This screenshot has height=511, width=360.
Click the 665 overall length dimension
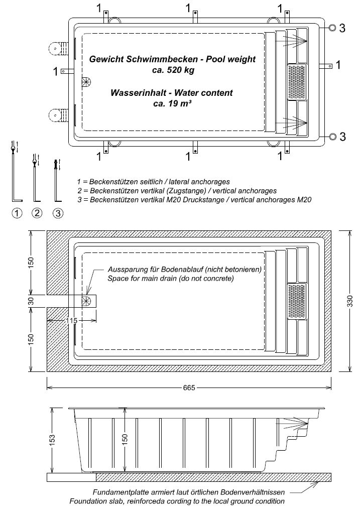189,388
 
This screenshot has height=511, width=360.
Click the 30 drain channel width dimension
31,301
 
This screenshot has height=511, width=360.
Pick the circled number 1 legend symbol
17,213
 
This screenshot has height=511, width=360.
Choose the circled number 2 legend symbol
37,213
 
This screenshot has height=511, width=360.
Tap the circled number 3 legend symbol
58,213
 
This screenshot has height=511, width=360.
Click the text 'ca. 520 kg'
173,70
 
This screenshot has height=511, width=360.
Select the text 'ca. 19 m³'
172,104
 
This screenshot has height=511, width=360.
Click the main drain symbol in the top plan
85,81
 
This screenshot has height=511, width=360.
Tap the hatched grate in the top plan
297,82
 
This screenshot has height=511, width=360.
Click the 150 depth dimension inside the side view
125,438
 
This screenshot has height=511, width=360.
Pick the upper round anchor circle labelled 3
332,28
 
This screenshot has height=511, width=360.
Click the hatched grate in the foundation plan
297,301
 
